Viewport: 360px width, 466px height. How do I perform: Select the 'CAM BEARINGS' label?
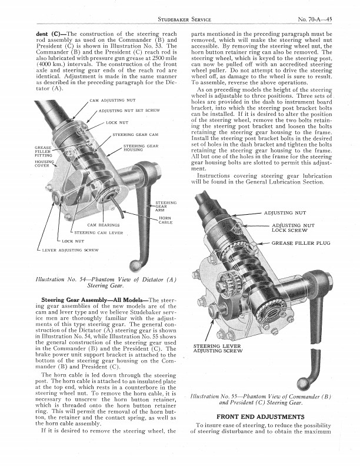coord(104,225)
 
